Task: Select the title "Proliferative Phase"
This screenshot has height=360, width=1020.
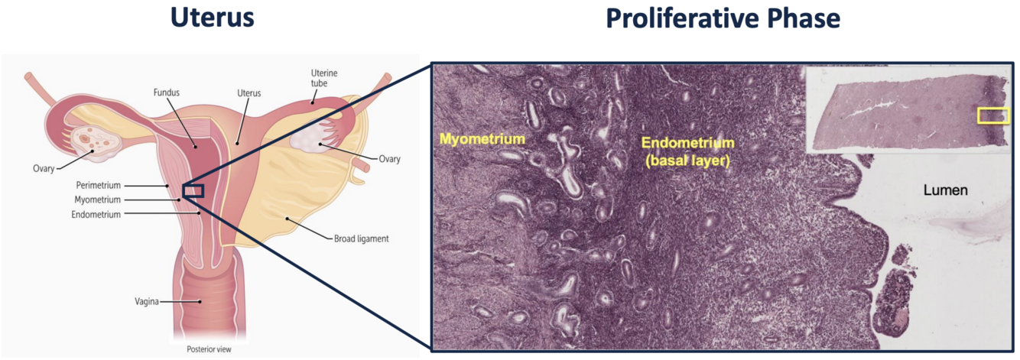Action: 723,18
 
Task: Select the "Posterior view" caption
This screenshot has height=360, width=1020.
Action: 209,349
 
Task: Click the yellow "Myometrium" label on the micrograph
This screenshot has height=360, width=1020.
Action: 482,139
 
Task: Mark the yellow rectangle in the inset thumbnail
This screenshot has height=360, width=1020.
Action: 993,115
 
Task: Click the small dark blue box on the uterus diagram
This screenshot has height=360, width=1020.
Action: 193,190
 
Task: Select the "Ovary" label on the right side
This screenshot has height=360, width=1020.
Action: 389,159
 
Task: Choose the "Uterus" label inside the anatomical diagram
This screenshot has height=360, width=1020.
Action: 249,92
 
